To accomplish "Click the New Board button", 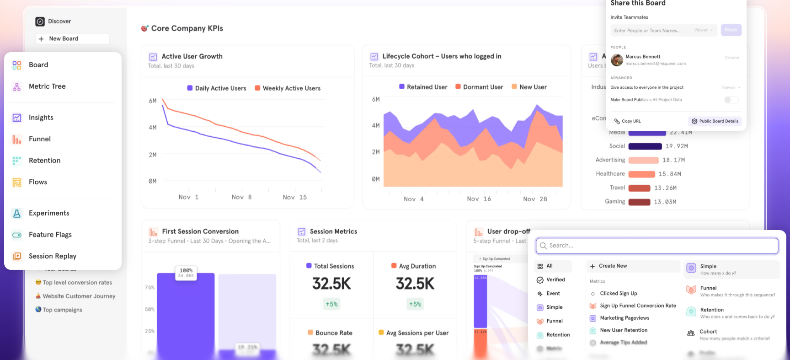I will click(72, 39).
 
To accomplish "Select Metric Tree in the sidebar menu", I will click(47, 86).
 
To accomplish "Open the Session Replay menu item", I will click(52, 256).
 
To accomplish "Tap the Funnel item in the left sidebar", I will click(39, 139).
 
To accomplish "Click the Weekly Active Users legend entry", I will click(291, 88).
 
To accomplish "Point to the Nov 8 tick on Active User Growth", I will click(242, 197).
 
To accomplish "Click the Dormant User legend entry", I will click(482, 87).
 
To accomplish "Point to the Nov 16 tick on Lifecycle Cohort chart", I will click(479, 199).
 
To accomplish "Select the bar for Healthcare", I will click(641, 174).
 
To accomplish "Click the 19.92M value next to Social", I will click(676, 146).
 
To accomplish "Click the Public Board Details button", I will click(715, 121).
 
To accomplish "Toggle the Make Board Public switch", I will click(731, 100).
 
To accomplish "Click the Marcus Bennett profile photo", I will click(617, 60).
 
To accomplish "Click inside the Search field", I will click(657, 246).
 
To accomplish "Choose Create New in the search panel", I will click(613, 266).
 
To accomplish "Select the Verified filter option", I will click(555, 280).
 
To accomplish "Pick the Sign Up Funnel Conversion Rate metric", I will click(637, 306).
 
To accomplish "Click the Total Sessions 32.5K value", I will click(331, 284).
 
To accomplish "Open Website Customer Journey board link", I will click(79, 296).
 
